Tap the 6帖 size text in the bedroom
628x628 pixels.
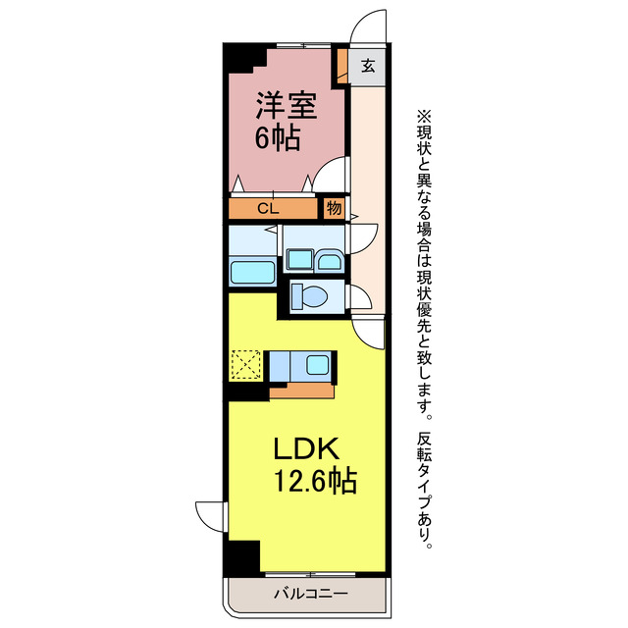[278, 137]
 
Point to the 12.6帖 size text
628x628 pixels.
[315, 482]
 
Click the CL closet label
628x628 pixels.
[268, 208]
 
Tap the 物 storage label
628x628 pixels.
[334, 208]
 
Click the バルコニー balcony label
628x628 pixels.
[303, 594]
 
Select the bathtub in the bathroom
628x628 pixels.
[254, 273]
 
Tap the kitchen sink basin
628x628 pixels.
[318, 366]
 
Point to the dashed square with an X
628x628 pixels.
[246, 366]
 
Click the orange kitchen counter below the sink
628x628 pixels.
[301, 391]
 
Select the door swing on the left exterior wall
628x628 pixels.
[210, 515]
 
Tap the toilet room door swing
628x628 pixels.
[359, 295]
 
